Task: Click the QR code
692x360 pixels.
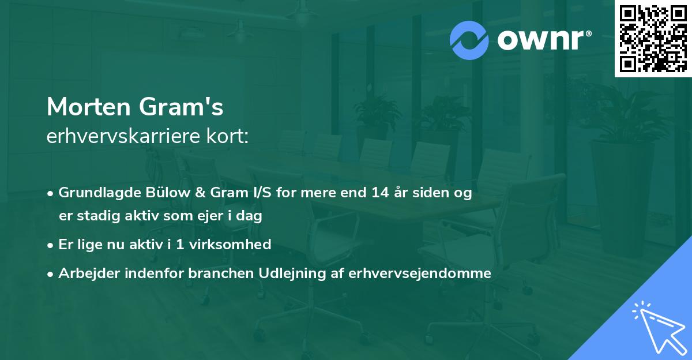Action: point(653,39)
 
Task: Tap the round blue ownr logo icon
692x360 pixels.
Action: point(469,40)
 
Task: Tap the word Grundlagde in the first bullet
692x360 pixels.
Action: point(94,193)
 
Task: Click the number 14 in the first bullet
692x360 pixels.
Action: point(380,193)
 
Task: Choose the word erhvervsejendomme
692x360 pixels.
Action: point(420,273)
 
